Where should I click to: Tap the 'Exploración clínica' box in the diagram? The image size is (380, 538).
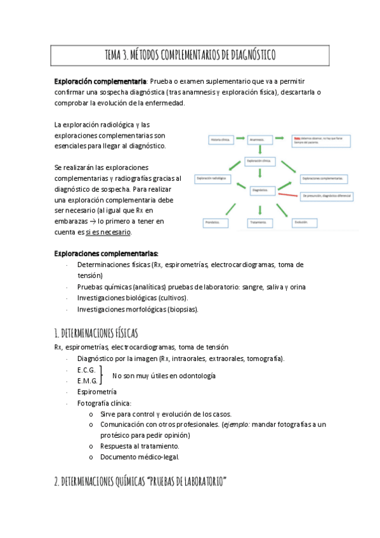(260, 162)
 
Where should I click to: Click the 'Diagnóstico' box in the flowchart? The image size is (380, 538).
(260, 190)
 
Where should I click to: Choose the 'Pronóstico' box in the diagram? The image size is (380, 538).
(214, 222)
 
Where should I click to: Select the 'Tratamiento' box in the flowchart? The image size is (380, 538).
(260, 222)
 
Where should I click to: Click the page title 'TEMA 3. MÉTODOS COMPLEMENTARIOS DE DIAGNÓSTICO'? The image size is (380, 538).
(190, 55)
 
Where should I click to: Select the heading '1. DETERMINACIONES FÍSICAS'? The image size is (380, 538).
(96, 333)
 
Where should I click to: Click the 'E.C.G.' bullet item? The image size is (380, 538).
(86, 370)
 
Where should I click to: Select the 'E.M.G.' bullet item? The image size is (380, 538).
(87, 381)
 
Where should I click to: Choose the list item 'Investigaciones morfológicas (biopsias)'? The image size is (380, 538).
(138, 310)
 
